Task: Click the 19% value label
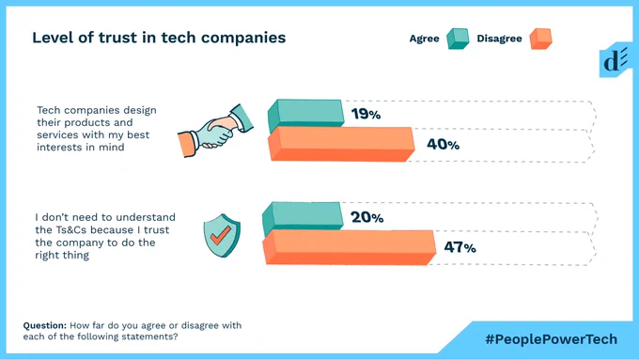(366, 114)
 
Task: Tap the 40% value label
(443, 144)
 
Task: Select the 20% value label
(366, 217)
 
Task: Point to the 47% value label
(460, 247)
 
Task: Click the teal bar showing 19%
(305, 116)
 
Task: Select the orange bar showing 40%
(341, 144)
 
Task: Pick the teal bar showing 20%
(303, 219)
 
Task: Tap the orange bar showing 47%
(349, 247)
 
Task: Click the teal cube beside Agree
(458, 39)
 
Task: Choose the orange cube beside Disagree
(540, 39)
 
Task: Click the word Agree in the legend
(424, 39)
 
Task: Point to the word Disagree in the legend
(499, 39)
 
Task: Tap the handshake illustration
(215, 131)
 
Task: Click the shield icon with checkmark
(222, 235)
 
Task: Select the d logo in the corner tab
(615, 61)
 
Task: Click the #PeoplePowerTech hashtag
(551, 339)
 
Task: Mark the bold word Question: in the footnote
(45, 326)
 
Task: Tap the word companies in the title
(243, 39)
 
